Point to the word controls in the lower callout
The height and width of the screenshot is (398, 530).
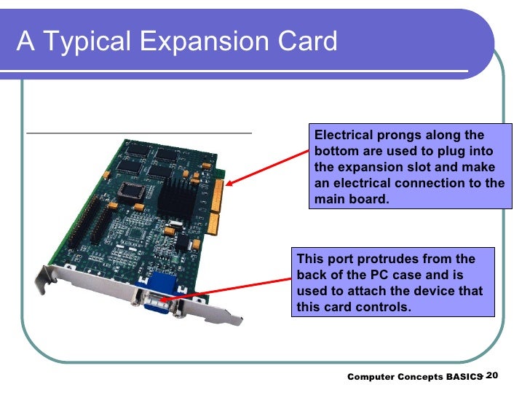point(384,307)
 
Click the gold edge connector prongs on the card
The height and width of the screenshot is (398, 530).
point(215,205)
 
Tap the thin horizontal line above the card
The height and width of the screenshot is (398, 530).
point(138,134)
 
